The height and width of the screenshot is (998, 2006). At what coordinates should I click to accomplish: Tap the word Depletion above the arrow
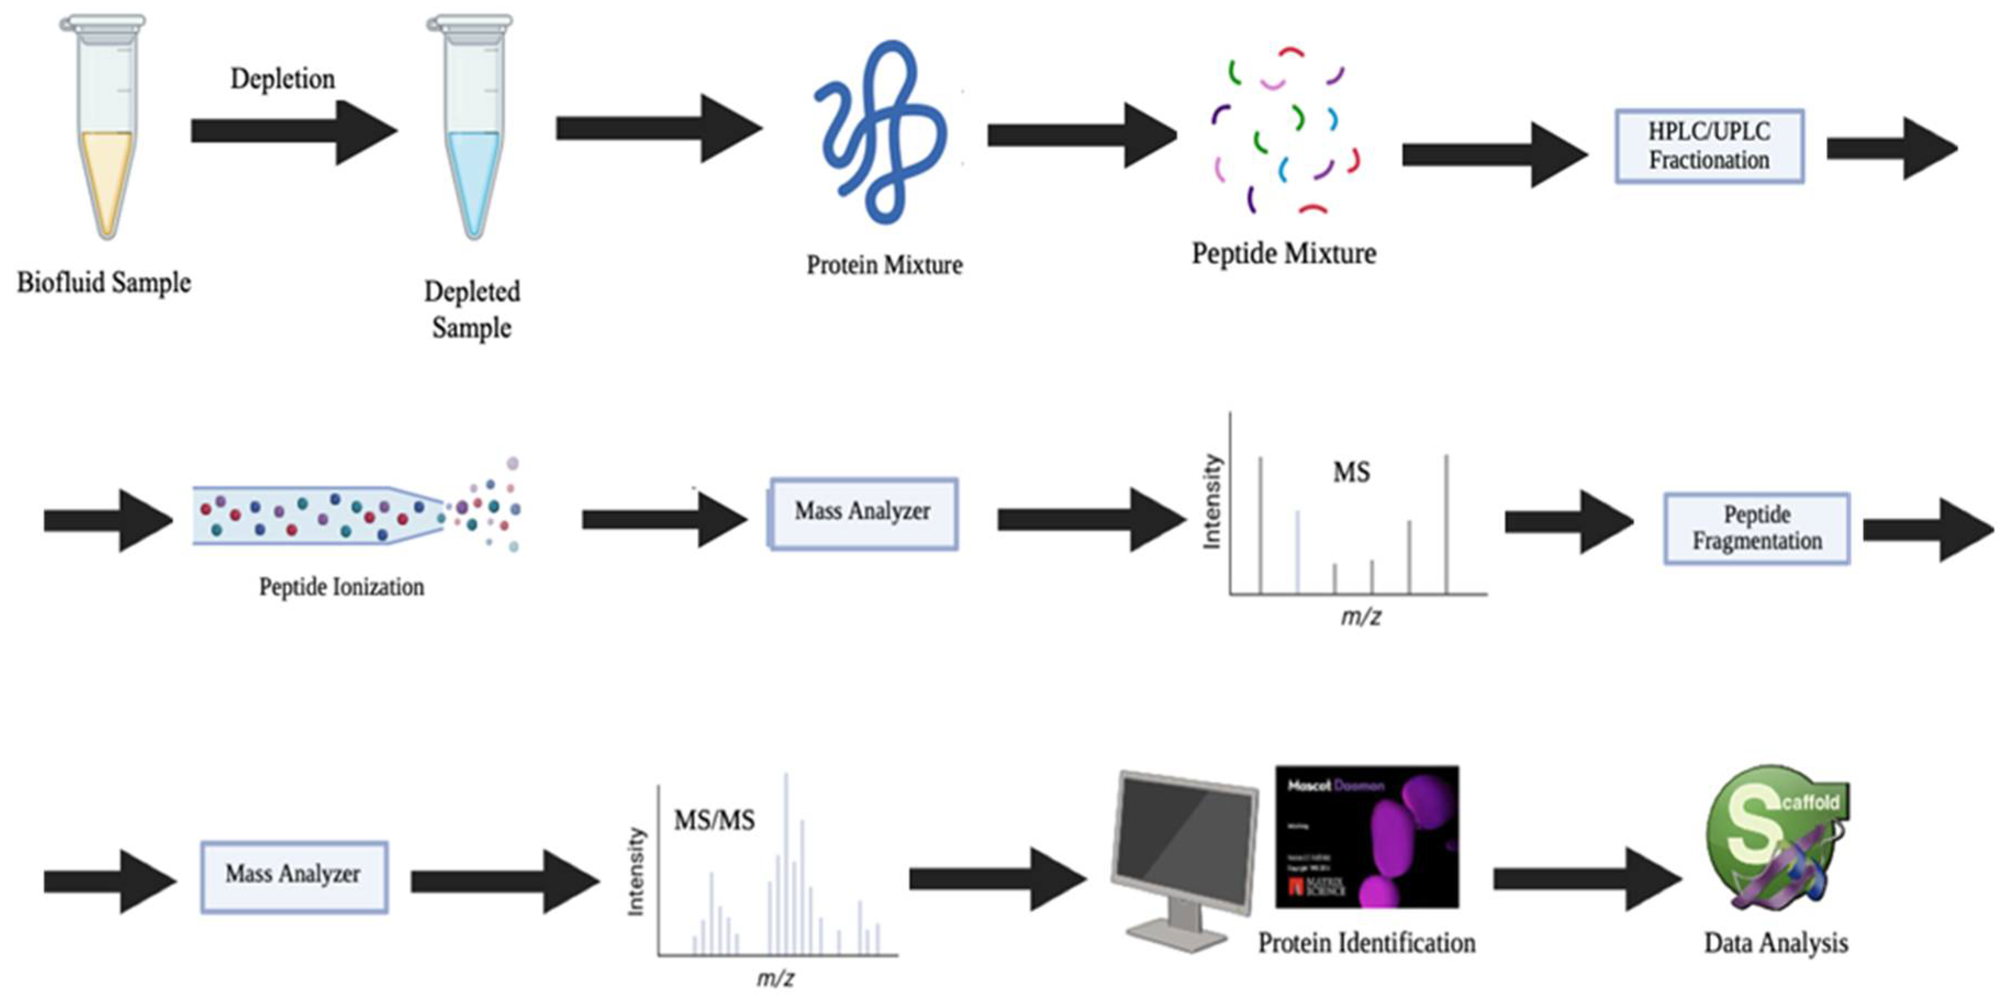pyautogui.click(x=283, y=79)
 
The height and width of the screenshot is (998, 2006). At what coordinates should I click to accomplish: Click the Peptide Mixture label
pyautogui.click(x=1283, y=254)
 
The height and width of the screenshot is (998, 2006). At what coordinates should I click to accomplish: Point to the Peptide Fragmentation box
pyautogui.click(x=1756, y=528)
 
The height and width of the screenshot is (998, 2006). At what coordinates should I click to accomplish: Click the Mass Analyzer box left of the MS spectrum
pyautogui.click(x=863, y=512)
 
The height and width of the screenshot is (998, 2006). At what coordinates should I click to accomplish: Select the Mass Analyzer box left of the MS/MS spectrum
pyautogui.click(x=294, y=875)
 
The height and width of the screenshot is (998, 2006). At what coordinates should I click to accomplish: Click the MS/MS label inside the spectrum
pyautogui.click(x=713, y=821)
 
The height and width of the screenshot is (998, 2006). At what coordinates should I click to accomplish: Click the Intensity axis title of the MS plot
pyautogui.click(x=1212, y=502)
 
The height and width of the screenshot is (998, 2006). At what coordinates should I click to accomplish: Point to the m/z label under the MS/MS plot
pyautogui.click(x=775, y=978)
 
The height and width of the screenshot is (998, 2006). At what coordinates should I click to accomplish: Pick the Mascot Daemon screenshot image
pyautogui.click(x=1367, y=837)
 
